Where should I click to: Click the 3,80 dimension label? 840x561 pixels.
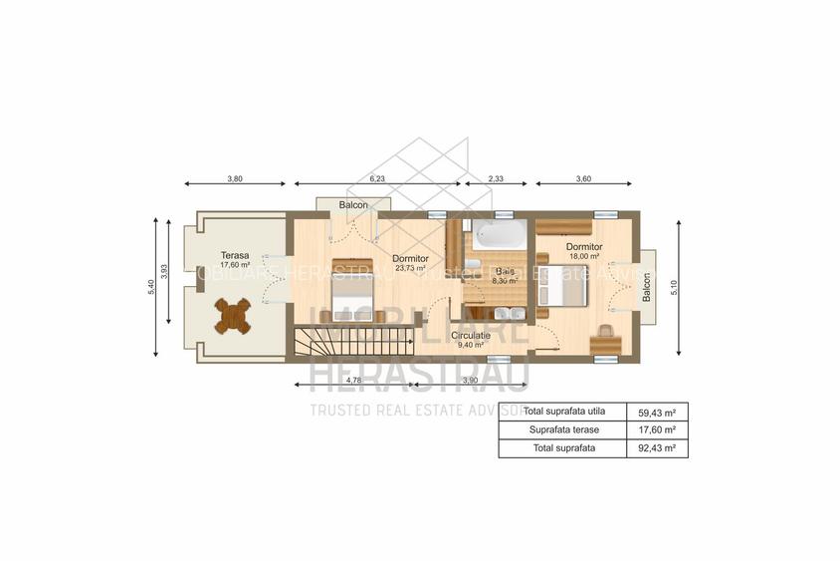pos(234,178)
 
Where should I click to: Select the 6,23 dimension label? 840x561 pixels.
pos(377,178)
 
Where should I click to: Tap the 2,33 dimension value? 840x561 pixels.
pos(495,178)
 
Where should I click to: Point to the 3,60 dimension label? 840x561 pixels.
pos(583,178)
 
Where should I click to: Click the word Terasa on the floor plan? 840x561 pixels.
pos(207,255)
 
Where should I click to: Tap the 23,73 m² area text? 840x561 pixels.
pos(410,268)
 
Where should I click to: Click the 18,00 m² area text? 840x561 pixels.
pos(583,256)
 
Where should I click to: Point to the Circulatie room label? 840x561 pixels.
pos(471,336)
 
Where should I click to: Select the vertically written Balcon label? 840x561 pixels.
pos(646,287)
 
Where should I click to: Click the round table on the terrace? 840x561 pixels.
pos(232,316)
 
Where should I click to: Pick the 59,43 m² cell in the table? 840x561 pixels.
pos(657,412)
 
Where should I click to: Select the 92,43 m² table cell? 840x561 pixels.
pos(657,448)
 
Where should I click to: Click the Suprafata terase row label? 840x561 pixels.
pos(561,429)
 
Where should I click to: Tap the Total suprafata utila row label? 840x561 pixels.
pos(563,412)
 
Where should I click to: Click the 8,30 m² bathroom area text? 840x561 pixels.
pos(505,281)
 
